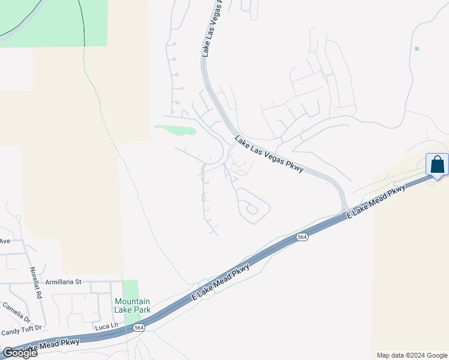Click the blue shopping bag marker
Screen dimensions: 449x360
click(437, 164)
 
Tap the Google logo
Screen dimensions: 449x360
click(20, 353)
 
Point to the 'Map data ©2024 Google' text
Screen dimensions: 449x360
click(412, 355)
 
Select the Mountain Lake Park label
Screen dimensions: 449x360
click(132, 305)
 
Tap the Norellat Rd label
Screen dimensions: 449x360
click(35, 283)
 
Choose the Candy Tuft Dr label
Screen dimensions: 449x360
click(22, 329)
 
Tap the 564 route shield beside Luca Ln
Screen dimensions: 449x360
click(139, 328)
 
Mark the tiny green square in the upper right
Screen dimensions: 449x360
click(417, 49)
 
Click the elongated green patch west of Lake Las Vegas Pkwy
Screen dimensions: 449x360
click(175, 129)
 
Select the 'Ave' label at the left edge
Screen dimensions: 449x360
click(5, 241)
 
